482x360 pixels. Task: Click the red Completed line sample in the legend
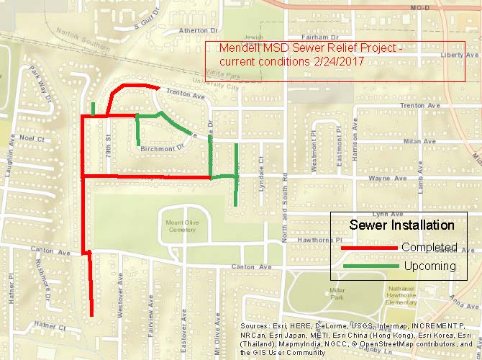click(369, 248)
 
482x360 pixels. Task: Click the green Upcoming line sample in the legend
click(369, 266)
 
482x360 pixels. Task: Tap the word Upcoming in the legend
click(429, 266)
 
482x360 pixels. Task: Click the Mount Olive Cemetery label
click(181, 226)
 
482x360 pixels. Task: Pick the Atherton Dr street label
click(198, 31)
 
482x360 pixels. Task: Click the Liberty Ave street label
click(461, 55)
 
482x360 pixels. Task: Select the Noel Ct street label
click(32, 138)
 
